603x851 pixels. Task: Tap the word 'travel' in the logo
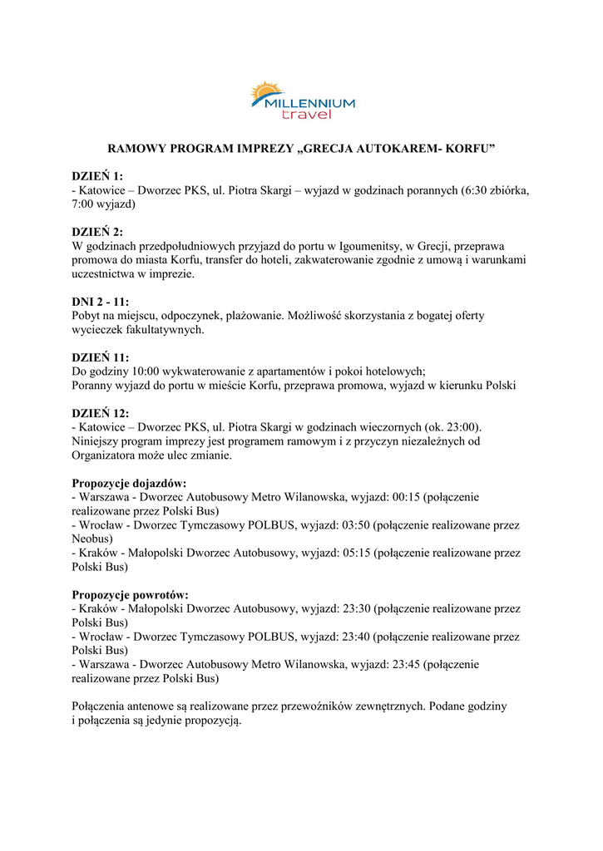pyautogui.click(x=306, y=115)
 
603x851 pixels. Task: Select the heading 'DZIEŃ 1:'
pyautogui.click(x=97, y=175)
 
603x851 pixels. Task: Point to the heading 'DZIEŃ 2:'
pyautogui.click(x=97, y=232)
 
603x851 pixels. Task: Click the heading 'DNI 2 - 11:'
pyautogui.click(x=101, y=302)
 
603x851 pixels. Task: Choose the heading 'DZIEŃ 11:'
pyautogui.click(x=101, y=357)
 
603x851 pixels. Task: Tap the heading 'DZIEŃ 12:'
pyautogui.click(x=101, y=414)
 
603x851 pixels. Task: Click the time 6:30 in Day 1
pyautogui.click(x=475, y=189)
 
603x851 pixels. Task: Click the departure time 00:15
pyautogui.click(x=405, y=497)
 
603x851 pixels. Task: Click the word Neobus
pyautogui.click(x=91, y=539)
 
